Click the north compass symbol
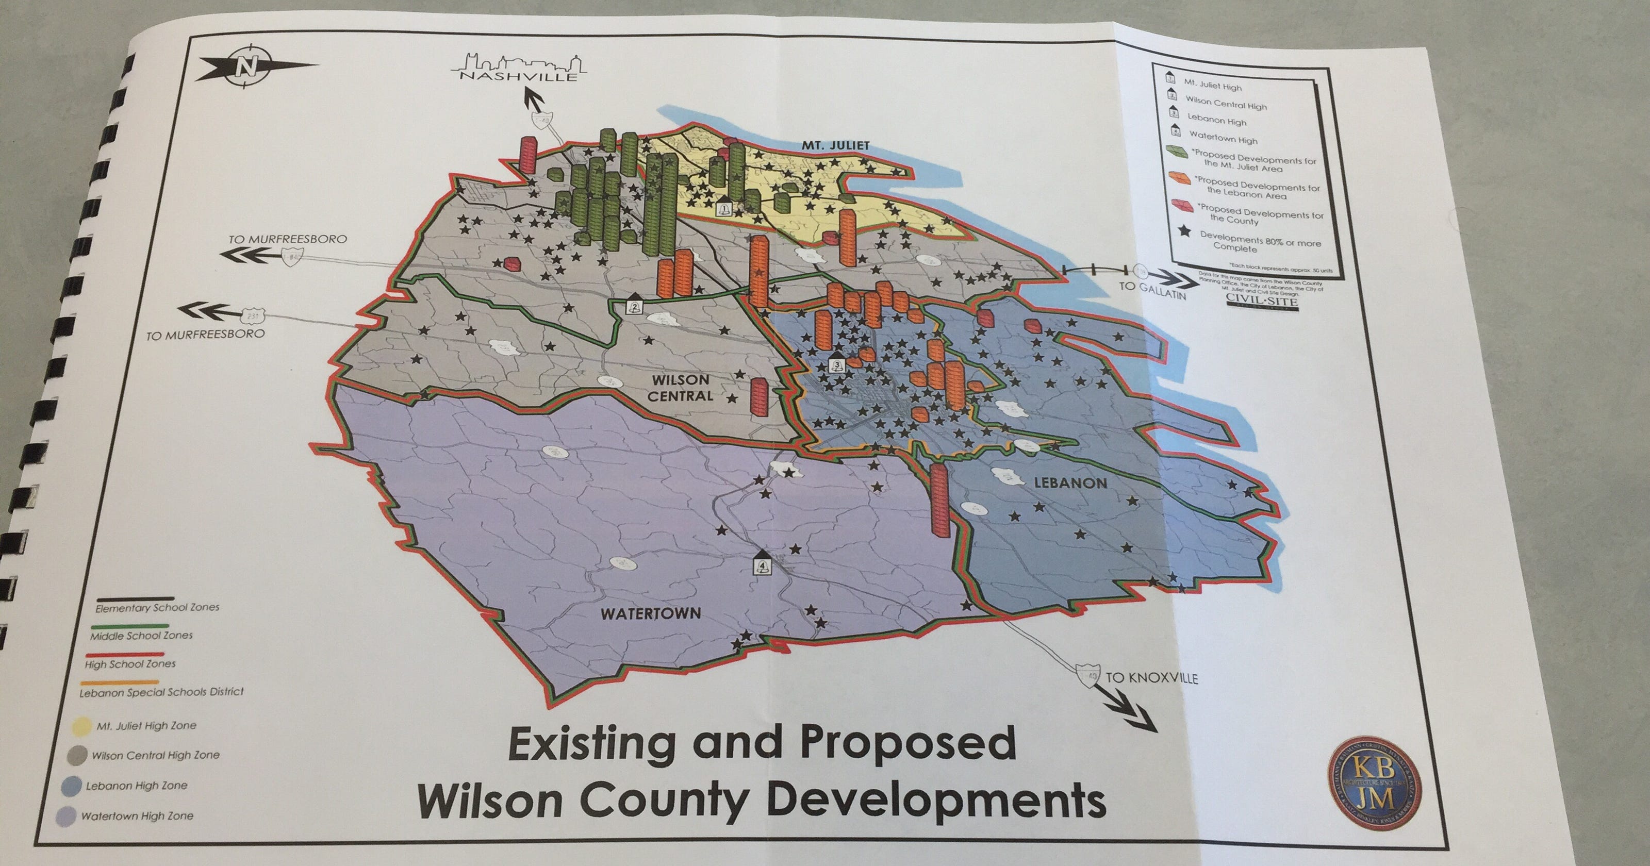(245, 66)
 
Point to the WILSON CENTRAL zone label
(680, 388)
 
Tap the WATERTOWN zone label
(650, 613)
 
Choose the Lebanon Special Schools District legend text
(161, 692)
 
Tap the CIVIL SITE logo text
(1262, 301)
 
